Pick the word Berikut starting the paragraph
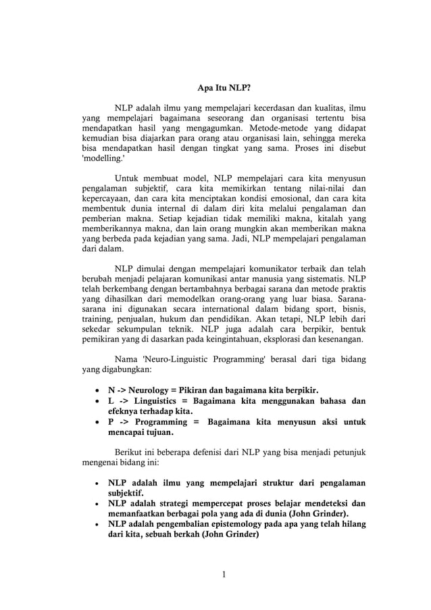[x=130, y=452]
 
